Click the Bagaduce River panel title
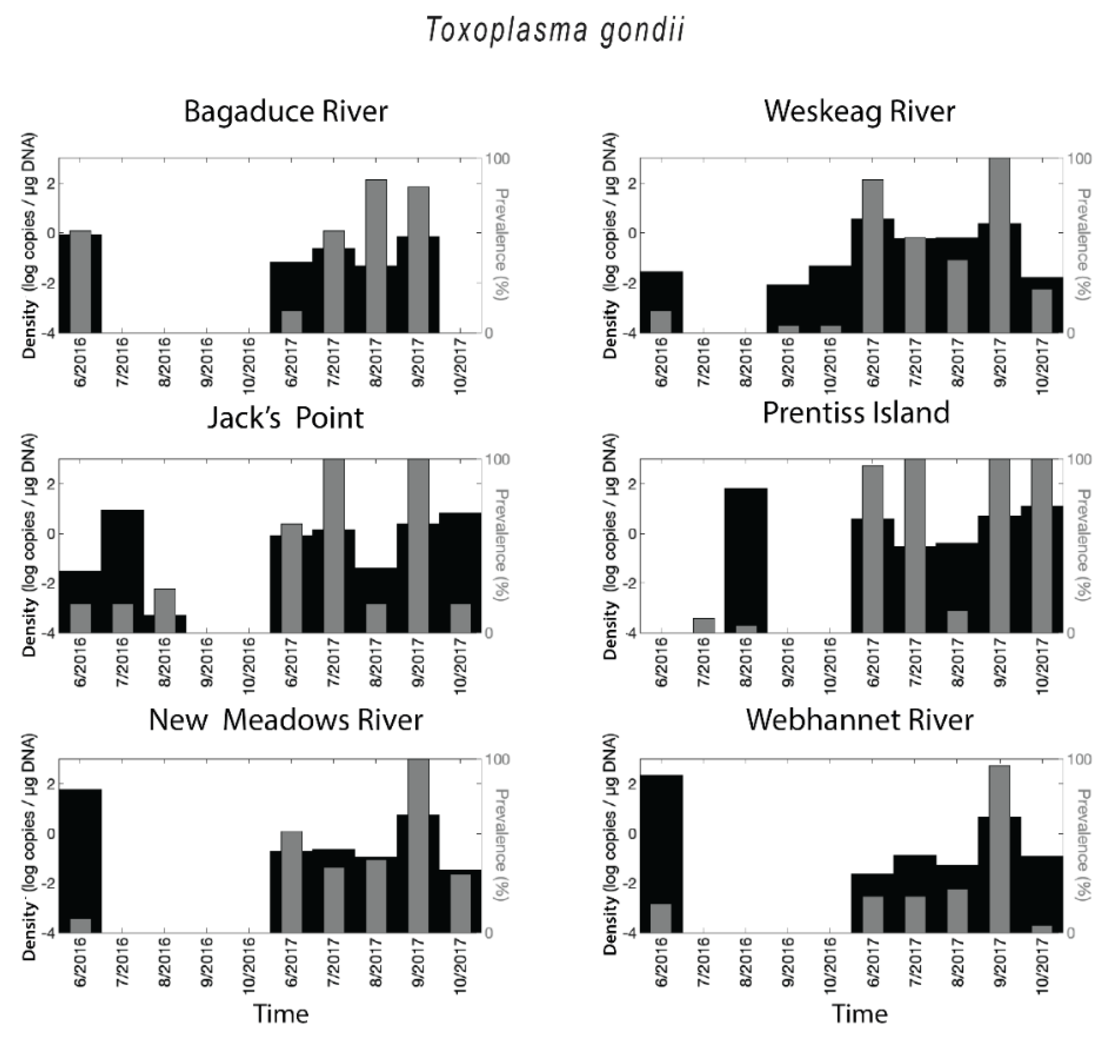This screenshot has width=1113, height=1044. (x=286, y=111)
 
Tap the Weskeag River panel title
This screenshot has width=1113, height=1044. (x=859, y=111)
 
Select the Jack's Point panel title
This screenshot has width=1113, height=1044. (x=286, y=418)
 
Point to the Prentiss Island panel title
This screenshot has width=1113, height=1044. (x=856, y=413)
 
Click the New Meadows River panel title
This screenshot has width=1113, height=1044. (x=286, y=720)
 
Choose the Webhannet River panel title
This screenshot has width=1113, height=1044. (x=859, y=720)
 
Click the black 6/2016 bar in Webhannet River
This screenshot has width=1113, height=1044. (x=661, y=840)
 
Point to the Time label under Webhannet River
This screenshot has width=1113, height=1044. (x=859, y=1014)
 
